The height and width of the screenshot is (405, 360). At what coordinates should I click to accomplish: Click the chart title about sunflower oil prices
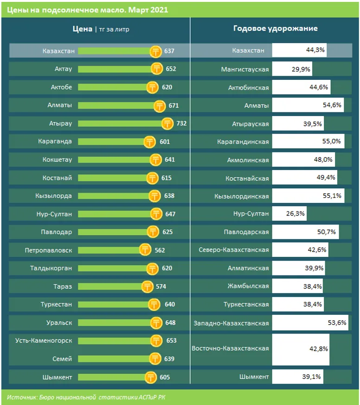(88, 9)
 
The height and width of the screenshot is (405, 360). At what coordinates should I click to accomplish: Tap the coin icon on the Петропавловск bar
(146, 250)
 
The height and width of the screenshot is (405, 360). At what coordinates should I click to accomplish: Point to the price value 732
(181, 123)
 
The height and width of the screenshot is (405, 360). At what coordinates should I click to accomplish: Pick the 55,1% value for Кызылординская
(332, 196)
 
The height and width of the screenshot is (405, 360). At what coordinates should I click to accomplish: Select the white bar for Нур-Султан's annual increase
(289, 214)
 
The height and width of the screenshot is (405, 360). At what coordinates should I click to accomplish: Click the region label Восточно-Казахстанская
(230, 348)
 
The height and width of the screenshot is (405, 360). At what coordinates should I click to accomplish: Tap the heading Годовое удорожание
(275, 28)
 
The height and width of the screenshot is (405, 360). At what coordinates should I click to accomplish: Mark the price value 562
(160, 250)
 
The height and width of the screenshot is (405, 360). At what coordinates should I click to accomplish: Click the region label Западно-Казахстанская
(230, 322)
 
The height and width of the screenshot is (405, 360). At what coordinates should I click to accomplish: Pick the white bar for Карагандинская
(308, 141)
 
